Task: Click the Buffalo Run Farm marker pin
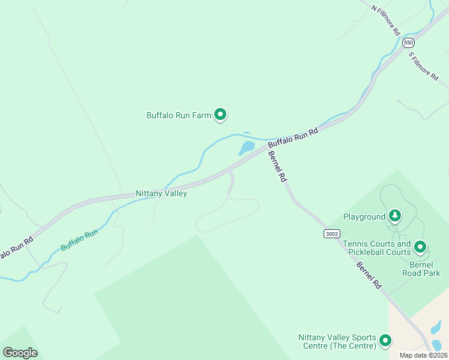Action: [220, 113]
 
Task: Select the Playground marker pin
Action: [394, 215]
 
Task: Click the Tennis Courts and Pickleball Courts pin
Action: [420, 247]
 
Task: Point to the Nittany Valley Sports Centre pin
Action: [385, 340]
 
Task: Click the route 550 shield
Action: [409, 43]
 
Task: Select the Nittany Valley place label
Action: [161, 194]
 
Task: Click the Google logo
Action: [20, 352]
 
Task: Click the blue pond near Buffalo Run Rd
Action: [247, 148]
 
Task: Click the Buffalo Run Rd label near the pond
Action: [292, 138]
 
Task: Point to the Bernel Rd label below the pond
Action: [277, 166]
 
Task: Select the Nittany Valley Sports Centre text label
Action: [337, 341]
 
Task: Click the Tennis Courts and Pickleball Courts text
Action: [377, 248]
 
